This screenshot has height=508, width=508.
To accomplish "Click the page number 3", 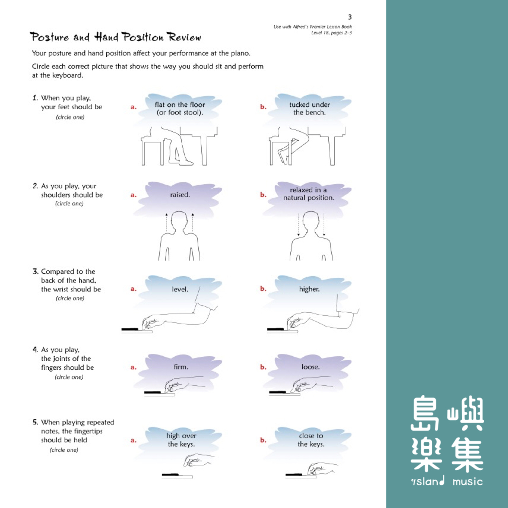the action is point(350,17).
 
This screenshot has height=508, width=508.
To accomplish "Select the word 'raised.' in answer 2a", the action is point(180,195).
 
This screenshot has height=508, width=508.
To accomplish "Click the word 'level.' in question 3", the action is point(180,289).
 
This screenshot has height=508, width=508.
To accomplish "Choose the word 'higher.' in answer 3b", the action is point(309,289).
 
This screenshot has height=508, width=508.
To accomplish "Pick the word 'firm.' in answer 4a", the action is point(181,367).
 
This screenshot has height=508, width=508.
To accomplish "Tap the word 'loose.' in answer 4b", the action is point(311,367).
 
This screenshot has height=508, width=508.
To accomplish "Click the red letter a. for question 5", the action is point(133,440).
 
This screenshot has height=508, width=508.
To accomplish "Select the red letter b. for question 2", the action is point(263,195).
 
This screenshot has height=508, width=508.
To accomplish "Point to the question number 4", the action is point(35,350).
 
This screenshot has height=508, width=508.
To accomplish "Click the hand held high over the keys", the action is point(198,460).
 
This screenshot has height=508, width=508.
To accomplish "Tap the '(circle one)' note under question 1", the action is point(70,117).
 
